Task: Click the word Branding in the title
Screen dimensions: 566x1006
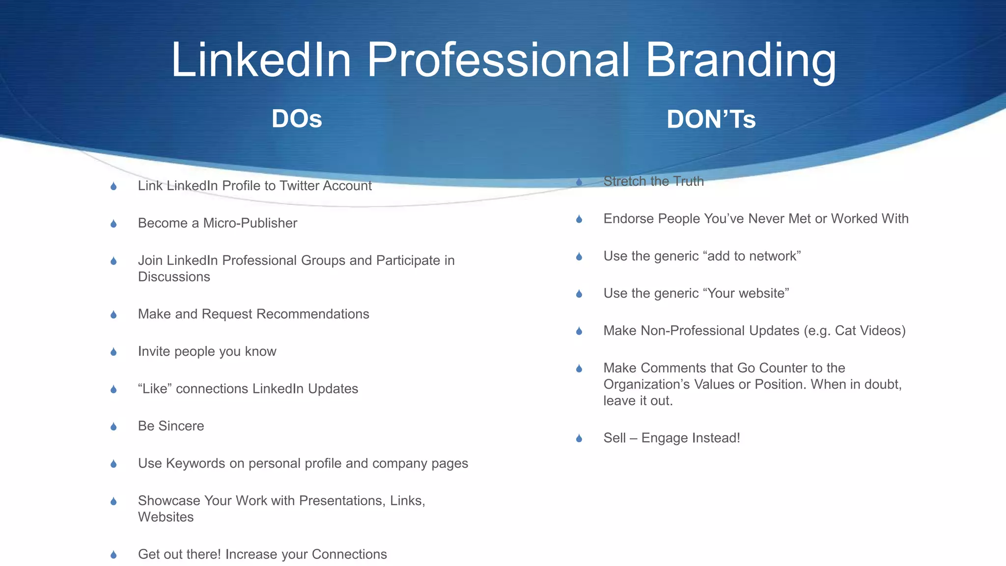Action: click(x=740, y=60)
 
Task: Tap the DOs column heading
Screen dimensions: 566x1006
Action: click(x=297, y=119)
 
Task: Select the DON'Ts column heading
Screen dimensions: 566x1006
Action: click(x=711, y=119)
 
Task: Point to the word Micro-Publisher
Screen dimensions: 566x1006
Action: click(x=250, y=223)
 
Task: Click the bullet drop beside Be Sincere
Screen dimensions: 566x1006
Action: click(x=113, y=426)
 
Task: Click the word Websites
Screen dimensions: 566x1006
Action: click(x=166, y=517)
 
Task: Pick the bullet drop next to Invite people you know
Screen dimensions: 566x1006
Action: click(x=113, y=352)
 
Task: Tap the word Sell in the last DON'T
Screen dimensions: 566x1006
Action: click(x=615, y=438)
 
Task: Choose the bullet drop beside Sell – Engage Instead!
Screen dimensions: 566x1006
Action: click(x=579, y=438)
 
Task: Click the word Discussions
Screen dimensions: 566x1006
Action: click(x=174, y=277)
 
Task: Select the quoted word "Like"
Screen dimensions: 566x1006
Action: click(x=155, y=389)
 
